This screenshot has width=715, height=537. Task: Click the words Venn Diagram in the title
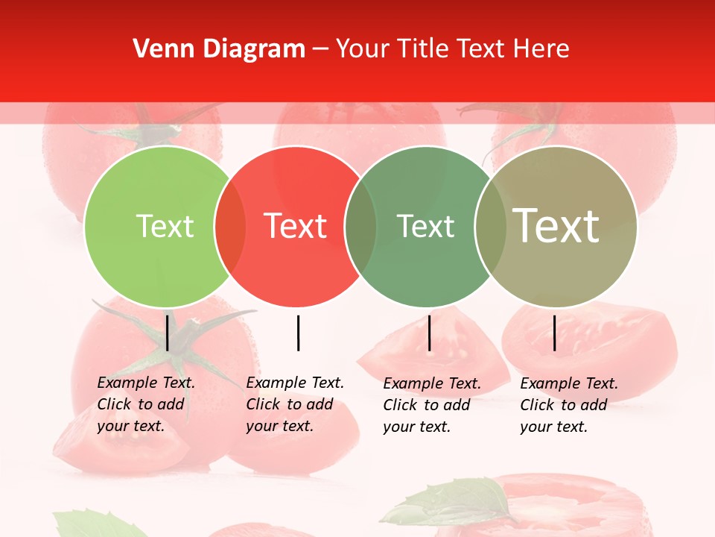click(x=219, y=49)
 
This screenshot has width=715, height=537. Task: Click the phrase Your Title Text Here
click(x=452, y=49)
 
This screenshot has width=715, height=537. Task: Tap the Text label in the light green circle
click(x=165, y=226)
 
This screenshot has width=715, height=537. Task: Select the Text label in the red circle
click(x=295, y=226)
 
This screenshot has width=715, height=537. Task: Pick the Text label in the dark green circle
click(x=425, y=226)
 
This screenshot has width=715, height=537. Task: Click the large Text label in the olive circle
click(x=556, y=225)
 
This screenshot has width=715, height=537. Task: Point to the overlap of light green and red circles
click(x=230, y=226)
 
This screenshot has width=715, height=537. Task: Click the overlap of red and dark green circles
click(x=360, y=226)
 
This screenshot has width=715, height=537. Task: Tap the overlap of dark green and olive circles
click(x=491, y=226)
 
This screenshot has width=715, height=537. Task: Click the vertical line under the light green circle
click(x=168, y=333)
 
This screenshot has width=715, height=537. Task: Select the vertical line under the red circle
click(x=298, y=333)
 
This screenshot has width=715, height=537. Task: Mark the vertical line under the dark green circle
click(x=429, y=333)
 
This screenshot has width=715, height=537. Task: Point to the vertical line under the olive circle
click(x=554, y=333)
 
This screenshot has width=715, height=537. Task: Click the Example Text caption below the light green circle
click(x=146, y=404)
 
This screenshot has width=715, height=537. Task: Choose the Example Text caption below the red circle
click(x=295, y=404)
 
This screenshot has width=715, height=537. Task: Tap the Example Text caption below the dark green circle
click(x=432, y=405)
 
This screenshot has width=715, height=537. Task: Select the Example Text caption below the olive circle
click(x=569, y=405)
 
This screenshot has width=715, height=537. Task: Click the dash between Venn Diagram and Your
click(x=321, y=49)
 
